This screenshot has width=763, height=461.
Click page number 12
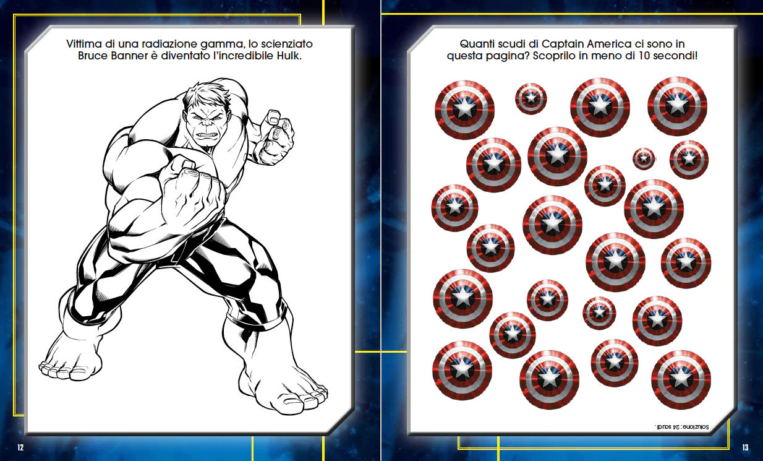[x=20, y=447]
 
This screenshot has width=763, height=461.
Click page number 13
[x=745, y=447]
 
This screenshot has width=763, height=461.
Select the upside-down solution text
[x=681, y=427]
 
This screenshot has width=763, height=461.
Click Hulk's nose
[x=205, y=126]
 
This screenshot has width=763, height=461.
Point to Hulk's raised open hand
[x=275, y=138]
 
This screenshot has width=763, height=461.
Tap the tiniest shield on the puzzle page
[x=644, y=158]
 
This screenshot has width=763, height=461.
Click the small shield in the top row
[x=531, y=99]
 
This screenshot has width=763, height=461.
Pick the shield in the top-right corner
[x=677, y=106]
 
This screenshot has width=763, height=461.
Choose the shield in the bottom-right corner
[x=681, y=379]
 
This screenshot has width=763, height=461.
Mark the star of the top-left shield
[x=464, y=110]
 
